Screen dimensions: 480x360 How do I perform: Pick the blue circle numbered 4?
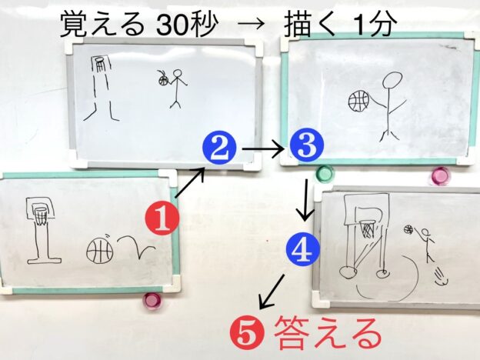click(x=303, y=248)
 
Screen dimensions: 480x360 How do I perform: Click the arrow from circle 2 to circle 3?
click(x=263, y=149)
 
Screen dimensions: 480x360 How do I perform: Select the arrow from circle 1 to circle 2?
click(x=190, y=182)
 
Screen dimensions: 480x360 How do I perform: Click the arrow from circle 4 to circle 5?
click(x=272, y=291)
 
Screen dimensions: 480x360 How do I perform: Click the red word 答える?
click(x=328, y=334)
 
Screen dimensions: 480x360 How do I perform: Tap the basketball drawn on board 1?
click(x=99, y=251)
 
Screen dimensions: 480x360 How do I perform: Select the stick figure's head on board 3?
click(x=392, y=80)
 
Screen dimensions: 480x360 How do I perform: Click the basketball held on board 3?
click(x=358, y=101)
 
